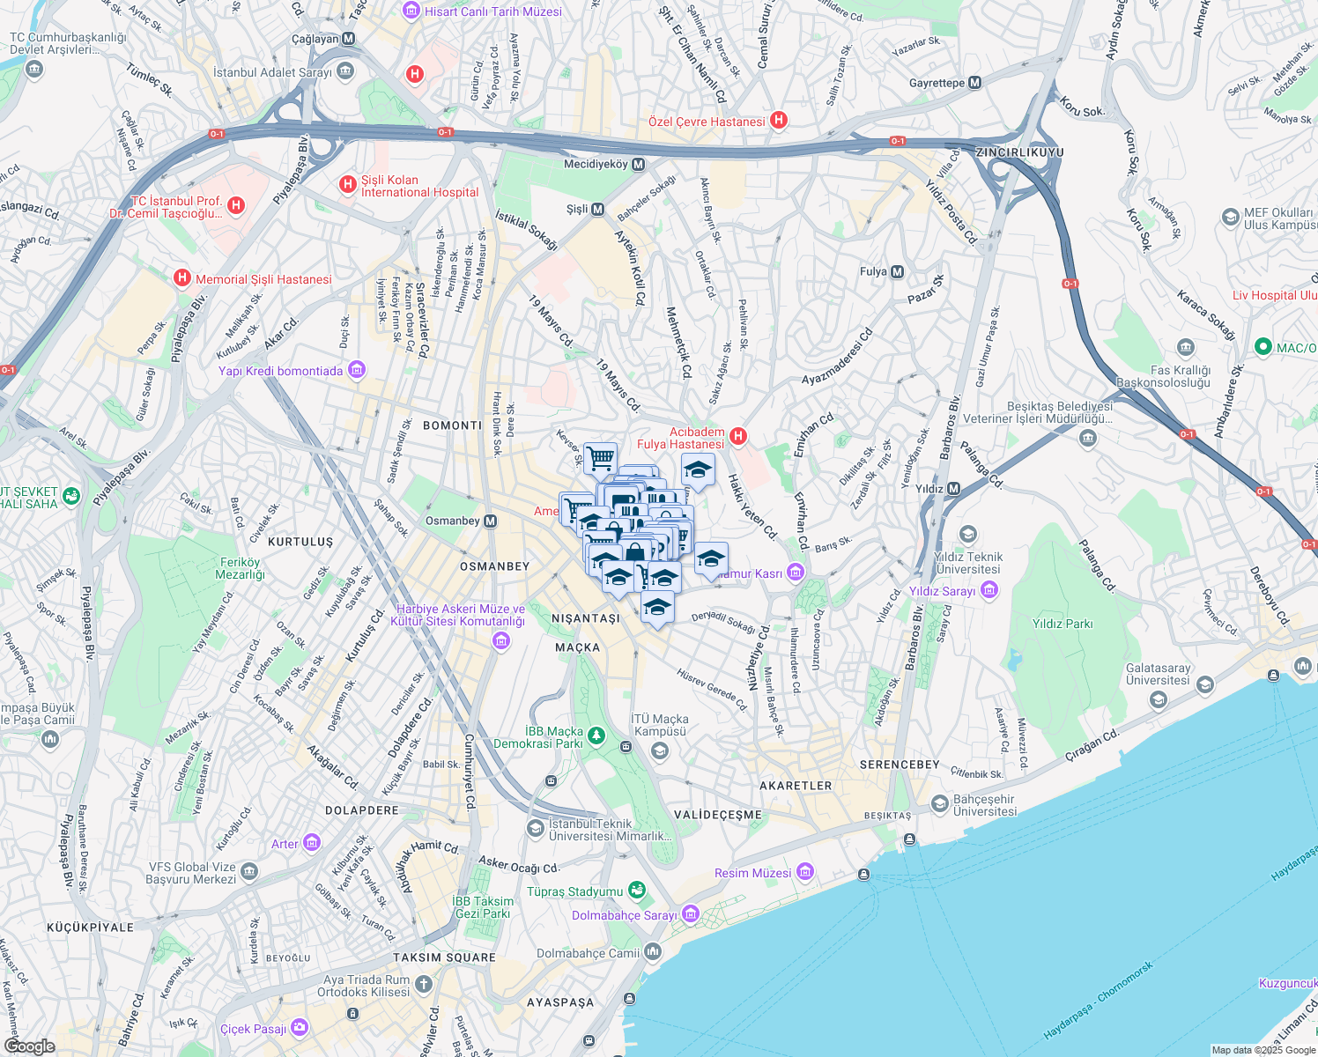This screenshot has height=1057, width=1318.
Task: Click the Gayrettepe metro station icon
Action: [x=974, y=83]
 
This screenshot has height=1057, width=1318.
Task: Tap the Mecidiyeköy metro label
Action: [x=596, y=165]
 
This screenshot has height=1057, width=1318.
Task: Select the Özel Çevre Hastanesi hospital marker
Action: [x=779, y=121]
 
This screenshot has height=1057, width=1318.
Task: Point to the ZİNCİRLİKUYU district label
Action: [x=1020, y=152]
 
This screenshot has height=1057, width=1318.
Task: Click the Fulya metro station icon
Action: [x=897, y=272]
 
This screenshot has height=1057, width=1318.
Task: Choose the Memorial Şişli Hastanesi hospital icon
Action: [x=182, y=279]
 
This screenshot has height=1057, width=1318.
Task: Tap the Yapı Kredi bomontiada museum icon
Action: [x=357, y=370]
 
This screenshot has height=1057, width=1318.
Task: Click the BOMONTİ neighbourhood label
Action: [x=453, y=425]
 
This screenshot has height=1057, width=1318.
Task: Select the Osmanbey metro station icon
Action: [x=491, y=521]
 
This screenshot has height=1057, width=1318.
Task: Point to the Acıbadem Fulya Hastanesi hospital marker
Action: [x=738, y=437]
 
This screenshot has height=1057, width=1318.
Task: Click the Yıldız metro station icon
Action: [x=953, y=489]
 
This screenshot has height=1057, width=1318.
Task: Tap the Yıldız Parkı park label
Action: [x=1063, y=624]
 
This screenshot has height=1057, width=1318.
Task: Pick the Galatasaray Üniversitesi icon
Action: [x=1205, y=684]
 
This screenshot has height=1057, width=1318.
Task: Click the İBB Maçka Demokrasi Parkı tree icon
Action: [x=596, y=735]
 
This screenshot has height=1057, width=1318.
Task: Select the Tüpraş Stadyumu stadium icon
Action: [x=637, y=891]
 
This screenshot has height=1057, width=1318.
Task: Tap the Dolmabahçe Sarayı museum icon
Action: [x=691, y=914]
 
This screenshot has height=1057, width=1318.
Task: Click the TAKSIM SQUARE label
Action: [x=444, y=957]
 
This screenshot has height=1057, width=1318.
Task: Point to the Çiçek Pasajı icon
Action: [x=300, y=1028]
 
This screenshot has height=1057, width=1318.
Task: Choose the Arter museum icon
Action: [x=311, y=844]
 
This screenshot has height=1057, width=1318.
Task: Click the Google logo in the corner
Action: [x=29, y=1046]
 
